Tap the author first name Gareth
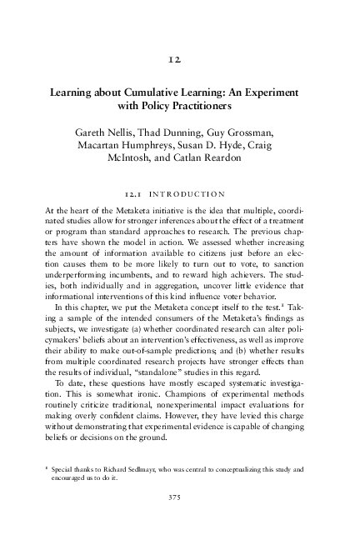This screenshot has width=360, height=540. tap(92, 132)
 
